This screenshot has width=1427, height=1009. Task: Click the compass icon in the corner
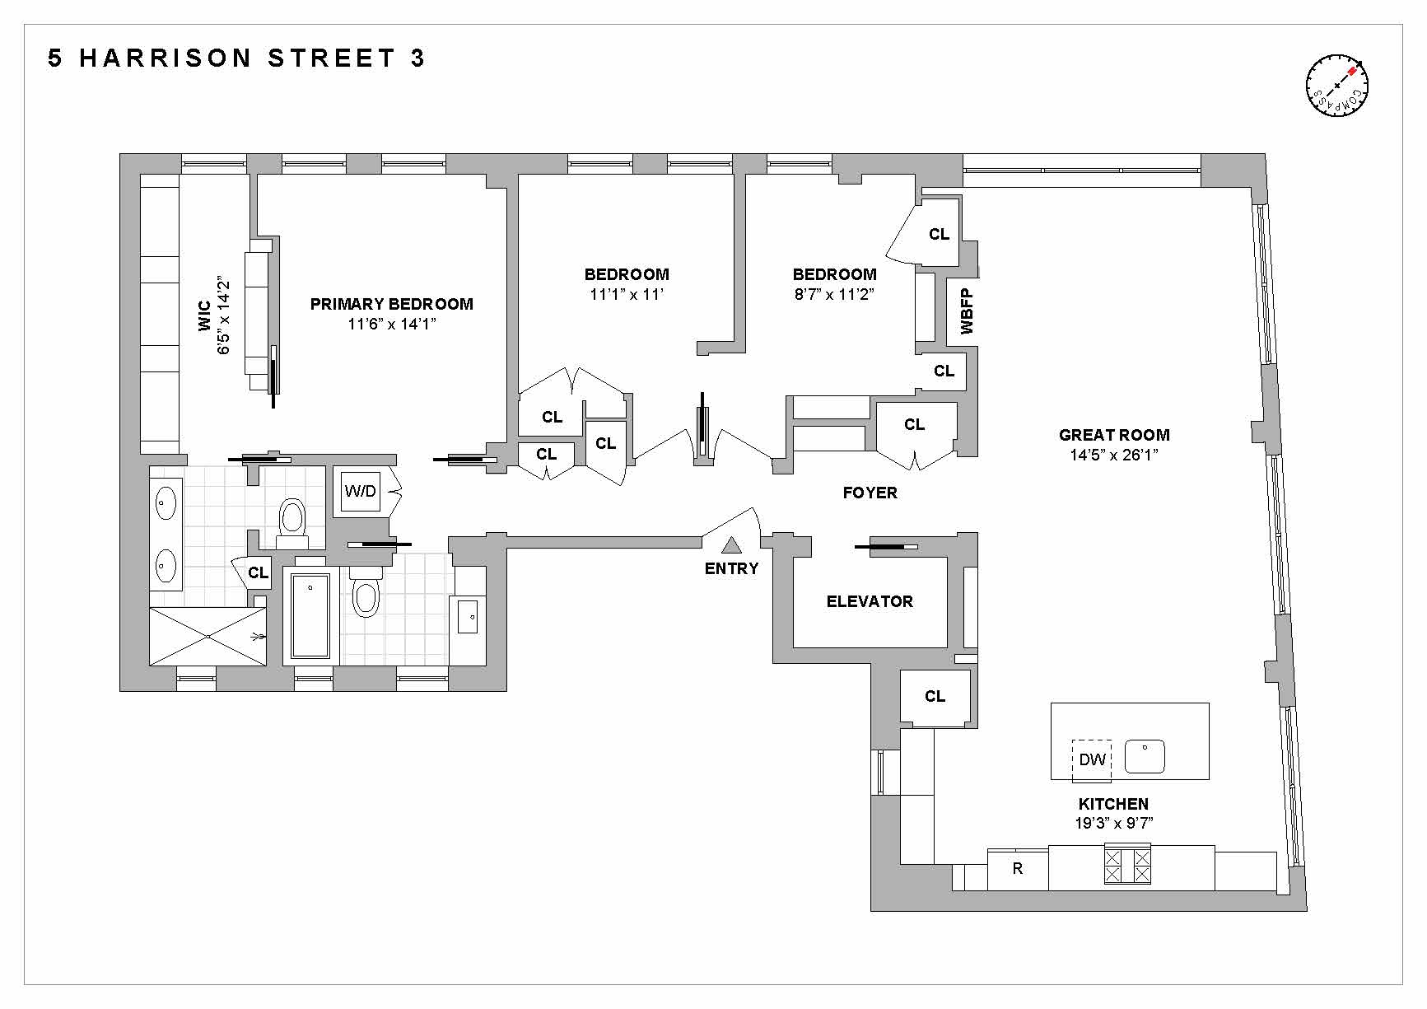1336,86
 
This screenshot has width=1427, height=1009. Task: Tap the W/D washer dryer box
361,492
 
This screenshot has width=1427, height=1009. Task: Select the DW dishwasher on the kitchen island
1092,759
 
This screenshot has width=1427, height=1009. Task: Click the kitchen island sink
1145,757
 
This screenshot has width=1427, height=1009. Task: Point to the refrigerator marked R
1018,868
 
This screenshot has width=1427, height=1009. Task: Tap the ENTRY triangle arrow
731,545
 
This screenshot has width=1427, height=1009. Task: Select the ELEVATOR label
870,602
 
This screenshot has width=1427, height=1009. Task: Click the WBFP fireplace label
967,311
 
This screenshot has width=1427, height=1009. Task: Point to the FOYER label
870,493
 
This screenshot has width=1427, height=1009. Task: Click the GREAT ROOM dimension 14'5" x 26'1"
1113,455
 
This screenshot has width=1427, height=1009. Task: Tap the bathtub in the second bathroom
310,616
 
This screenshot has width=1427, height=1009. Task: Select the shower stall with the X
208,636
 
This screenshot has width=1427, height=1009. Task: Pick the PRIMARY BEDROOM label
391,304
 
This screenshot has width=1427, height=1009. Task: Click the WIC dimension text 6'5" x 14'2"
224,317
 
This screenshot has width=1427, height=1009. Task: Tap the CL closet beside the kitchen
935,697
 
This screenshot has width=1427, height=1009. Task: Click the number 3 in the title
417,58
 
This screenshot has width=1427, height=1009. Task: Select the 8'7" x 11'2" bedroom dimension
834,294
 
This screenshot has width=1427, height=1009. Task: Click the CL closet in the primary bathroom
258,572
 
